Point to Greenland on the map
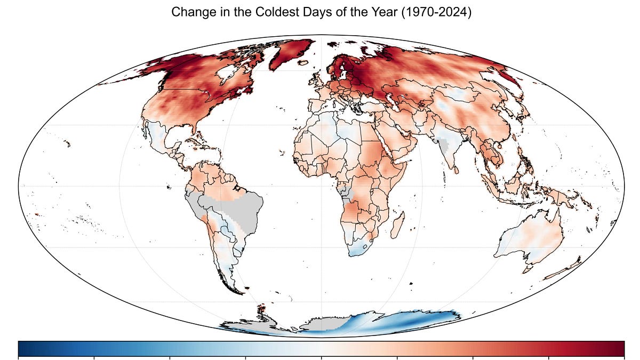tap(291, 53)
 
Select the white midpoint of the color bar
tap(321, 348)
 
